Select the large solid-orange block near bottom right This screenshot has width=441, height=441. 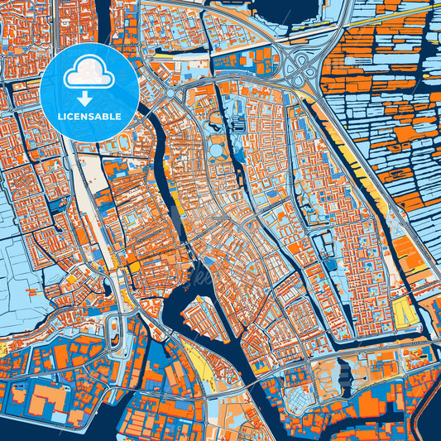(405, 248)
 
